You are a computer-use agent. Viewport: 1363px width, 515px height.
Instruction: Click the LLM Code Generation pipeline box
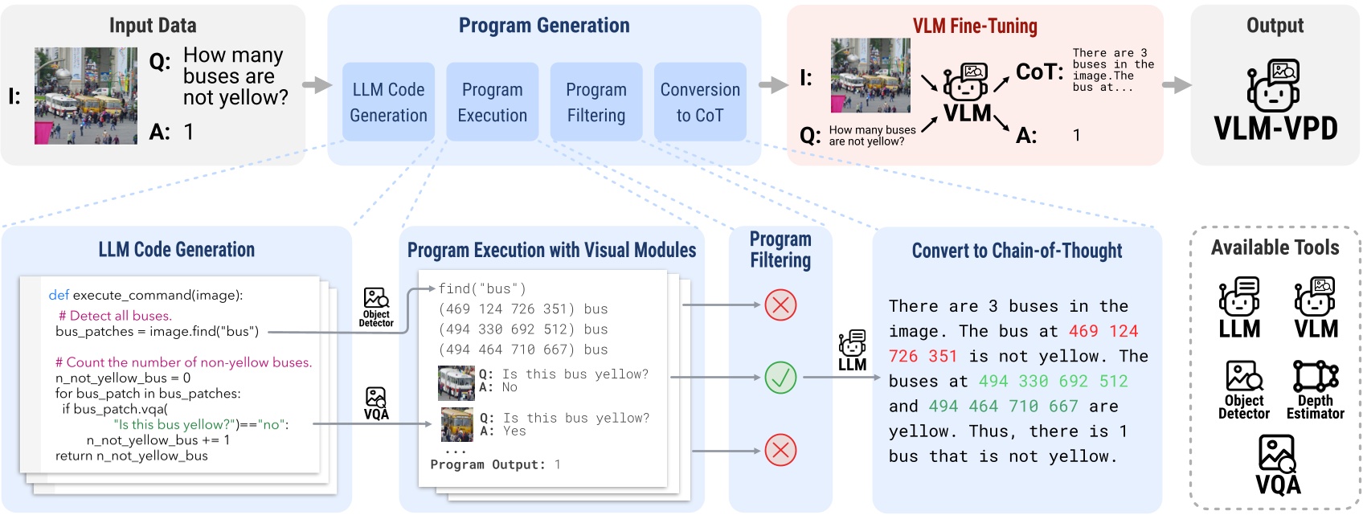388,102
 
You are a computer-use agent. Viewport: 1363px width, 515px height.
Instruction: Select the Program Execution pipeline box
492,102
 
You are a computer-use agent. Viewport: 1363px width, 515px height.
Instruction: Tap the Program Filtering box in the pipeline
596,102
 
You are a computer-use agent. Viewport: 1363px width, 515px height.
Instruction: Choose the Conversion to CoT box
700,102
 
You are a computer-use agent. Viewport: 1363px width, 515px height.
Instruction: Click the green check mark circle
780,377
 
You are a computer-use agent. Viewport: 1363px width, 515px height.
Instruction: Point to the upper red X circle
780,305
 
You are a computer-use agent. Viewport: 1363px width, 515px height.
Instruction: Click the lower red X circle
780,450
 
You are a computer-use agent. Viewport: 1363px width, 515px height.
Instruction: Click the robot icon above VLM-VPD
1274,85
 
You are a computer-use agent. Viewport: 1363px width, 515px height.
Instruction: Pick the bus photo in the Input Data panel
86,96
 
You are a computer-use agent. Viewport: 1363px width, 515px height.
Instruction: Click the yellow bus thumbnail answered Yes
457,425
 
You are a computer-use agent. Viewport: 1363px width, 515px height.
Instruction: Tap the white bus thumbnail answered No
456,383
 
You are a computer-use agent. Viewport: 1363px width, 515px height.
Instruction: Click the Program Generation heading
544,26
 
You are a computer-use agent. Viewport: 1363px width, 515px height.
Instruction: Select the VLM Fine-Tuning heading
975,27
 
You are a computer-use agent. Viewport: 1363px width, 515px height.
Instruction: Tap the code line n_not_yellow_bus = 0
123,378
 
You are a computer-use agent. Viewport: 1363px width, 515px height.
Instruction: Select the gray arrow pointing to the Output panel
1177,85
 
